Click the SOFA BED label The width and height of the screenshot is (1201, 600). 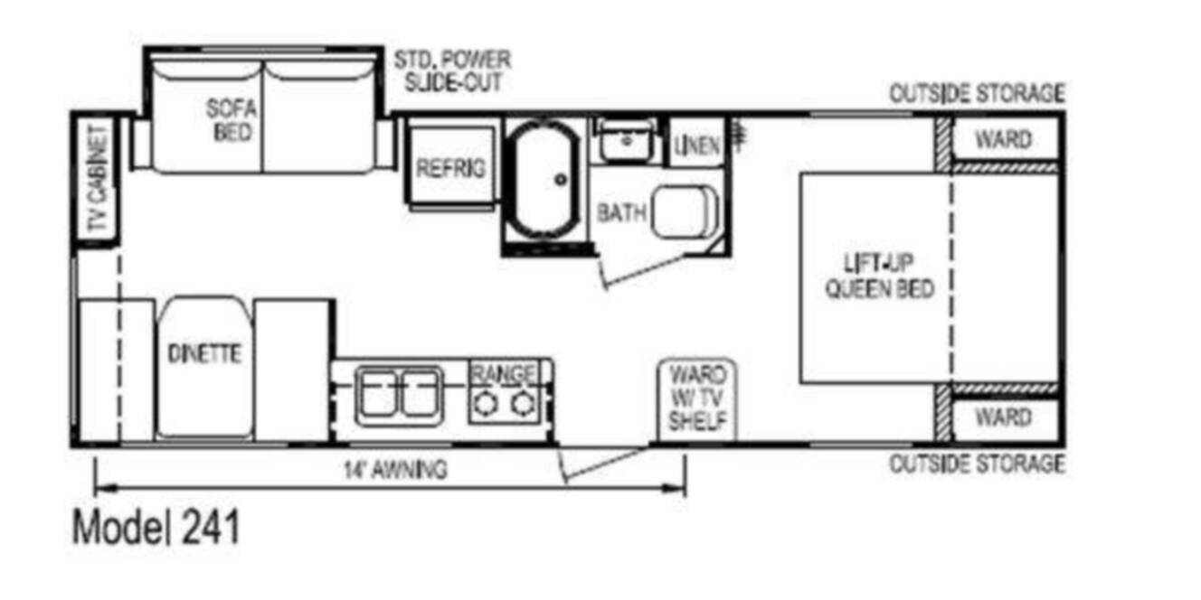(x=232, y=120)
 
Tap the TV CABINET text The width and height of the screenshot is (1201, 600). (x=99, y=178)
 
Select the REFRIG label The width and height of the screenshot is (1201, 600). (x=451, y=169)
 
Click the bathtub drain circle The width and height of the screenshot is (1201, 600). (x=561, y=180)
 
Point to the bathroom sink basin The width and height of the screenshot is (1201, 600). (x=626, y=141)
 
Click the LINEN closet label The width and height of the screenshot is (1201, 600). (x=697, y=145)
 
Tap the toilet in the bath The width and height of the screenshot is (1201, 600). (x=686, y=211)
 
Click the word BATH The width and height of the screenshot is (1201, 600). (x=621, y=213)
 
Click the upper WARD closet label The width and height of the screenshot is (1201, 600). (x=1004, y=140)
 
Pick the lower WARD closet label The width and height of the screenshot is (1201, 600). (x=1004, y=417)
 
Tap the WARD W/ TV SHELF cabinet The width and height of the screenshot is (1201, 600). (x=697, y=399)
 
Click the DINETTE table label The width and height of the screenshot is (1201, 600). (x=204, y=353)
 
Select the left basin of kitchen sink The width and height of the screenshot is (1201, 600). (x=378, y=396)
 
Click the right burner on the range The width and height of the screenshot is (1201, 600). (x=521, y=403)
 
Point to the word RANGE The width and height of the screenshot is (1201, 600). (x=504, y=373)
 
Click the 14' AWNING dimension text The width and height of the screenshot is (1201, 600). (x=396, y=470)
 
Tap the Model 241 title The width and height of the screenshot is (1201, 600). (x=156, y=528)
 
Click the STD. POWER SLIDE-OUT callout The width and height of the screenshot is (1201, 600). (x=453, y=71)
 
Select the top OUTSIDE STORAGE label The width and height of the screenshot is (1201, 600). (x=977, y=94)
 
